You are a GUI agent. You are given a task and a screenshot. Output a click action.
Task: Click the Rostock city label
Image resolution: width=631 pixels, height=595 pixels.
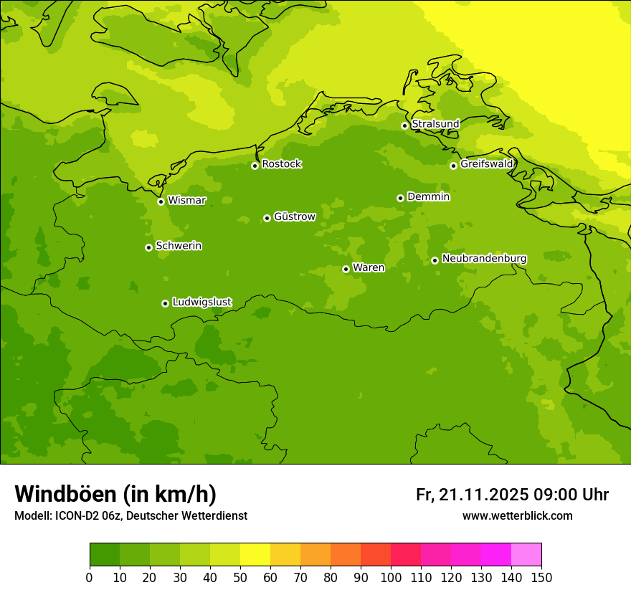coord(281,164)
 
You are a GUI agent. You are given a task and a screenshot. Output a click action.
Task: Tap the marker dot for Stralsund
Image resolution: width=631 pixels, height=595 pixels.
coord(404,125)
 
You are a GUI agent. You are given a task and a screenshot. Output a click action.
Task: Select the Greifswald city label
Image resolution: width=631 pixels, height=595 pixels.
coord(486,164)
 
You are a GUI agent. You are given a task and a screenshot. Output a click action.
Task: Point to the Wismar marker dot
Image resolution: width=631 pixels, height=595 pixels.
coord(161,201)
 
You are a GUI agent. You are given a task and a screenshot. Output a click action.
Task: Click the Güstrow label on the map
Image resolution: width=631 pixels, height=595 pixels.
coord(294,216)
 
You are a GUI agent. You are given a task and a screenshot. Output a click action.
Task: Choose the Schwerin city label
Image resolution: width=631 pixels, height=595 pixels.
coord(178,246)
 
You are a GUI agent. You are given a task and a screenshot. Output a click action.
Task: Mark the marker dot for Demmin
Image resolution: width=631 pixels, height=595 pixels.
coord(400,198)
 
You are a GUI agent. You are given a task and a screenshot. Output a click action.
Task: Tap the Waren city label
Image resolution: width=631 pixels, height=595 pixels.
coord(368,268)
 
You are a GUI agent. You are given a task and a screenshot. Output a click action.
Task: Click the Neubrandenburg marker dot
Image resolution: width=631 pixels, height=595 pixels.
coord(435,260)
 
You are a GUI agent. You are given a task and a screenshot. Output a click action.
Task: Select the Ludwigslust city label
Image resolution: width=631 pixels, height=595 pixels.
coord(201,303)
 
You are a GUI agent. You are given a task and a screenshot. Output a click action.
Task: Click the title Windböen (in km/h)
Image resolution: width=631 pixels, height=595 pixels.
coord(115,494)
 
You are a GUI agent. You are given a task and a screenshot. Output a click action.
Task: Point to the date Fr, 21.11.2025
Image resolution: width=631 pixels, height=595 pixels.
coord(472,495)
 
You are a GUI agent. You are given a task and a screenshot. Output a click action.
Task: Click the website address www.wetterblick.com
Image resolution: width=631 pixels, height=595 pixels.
coord(517,515)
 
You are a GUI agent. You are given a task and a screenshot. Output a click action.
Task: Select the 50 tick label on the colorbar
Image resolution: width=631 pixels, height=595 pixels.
coord(240,577)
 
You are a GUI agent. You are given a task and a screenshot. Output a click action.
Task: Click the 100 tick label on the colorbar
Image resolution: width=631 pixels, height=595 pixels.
coord(391,577)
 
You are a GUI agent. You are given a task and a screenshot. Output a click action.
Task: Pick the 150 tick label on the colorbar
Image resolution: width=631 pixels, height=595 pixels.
coord(541,577)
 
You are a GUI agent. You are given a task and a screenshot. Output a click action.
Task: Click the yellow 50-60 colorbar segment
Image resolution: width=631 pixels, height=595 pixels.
coord(255,555)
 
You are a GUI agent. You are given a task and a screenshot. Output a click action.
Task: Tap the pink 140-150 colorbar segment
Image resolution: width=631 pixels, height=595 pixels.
coord(526,555)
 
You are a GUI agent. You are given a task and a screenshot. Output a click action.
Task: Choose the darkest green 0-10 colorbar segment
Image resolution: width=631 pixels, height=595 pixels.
coord(105,555)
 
